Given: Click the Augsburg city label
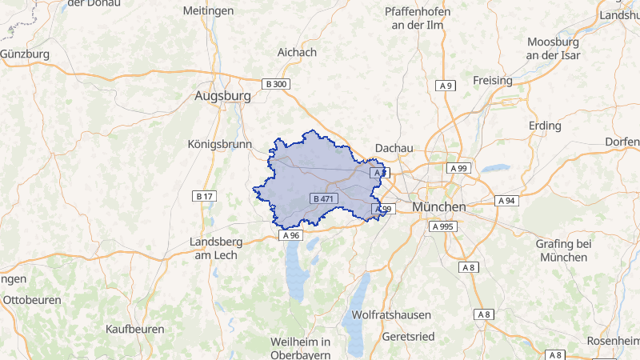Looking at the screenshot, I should (222, 96).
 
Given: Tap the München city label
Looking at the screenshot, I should (439, 206).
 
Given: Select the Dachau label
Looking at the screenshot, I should (394, 148).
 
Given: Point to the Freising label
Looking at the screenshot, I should (493, 81).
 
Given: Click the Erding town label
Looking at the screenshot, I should (546, 126).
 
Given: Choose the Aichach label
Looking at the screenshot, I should (297, 52).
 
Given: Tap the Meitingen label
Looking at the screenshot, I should (208, 10).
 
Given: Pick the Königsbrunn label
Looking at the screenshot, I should (219, 145).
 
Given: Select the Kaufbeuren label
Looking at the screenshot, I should (135, 329).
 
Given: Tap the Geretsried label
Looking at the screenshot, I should (409, 337).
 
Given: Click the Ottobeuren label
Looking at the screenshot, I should (33, 300).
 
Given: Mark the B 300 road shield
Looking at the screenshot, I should (275, 84).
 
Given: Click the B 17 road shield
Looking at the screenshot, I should (205, 196).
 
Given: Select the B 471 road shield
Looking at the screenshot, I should (324, 198).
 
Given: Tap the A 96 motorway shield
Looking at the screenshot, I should (290, 235).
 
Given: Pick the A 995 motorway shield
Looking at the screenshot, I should (442, 226).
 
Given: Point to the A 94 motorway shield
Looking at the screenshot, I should (507, 200).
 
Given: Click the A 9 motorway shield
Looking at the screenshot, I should (446, 86).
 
